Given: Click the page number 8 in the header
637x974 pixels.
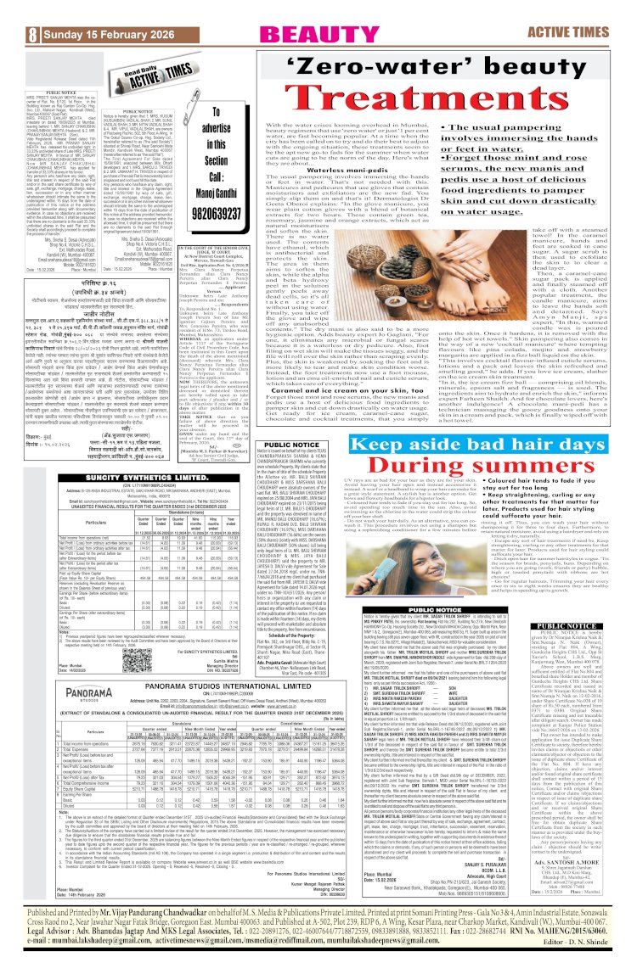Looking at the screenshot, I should (x=10, y=13).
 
